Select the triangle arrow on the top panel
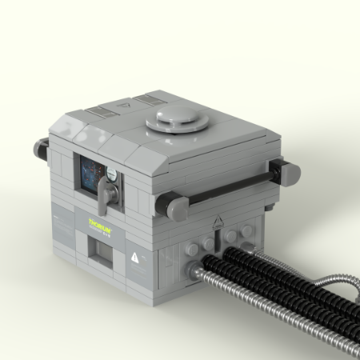click(122, 104)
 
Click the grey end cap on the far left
click(40, 147)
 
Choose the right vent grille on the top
click(149, 99)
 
